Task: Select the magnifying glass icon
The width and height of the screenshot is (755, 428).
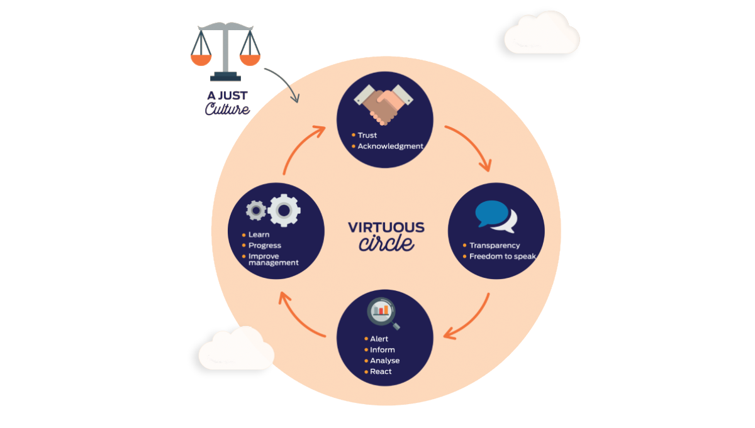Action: pos(383,313)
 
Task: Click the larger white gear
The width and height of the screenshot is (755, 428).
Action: pos(284,211)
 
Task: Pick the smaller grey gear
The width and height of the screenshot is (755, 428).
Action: pos(256,211)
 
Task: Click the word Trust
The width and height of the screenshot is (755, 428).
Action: pos(367,135)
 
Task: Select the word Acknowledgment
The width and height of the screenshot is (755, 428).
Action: pos(390,146)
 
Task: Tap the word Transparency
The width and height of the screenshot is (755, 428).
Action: pos(495,246)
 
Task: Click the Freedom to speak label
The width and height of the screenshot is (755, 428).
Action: pos(503,256)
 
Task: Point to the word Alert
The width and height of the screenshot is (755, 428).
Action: pos(379,339)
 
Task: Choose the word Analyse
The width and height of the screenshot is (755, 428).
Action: pos(384,361)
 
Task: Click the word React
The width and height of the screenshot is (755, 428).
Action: pos(381,371)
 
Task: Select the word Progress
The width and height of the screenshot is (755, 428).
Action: pos(265,246)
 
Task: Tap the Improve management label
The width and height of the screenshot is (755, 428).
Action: pos(273,260)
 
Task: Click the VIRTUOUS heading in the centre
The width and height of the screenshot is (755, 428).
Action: pos(386,228)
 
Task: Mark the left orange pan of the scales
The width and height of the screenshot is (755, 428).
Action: pos(201,60)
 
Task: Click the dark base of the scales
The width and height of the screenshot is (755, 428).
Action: pos(225,77)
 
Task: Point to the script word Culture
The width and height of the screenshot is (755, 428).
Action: pos(228,109)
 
